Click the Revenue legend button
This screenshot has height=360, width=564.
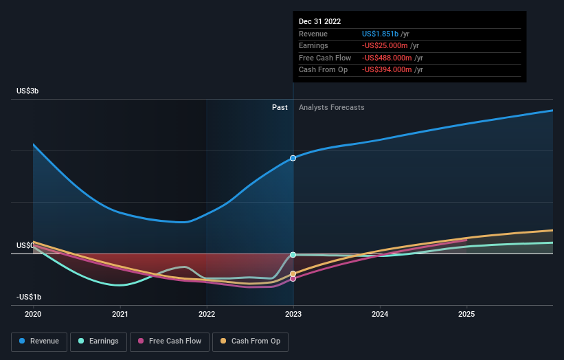[39, 341]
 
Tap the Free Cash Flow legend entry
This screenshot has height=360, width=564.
[169, 341]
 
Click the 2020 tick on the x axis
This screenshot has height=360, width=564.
[33, 314]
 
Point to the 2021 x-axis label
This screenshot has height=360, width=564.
[120, 314]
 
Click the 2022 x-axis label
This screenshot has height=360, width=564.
[207, 314]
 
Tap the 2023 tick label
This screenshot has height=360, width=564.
[293, 314]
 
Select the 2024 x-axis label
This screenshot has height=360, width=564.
[380, 314]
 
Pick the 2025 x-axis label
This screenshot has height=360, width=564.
[466, 314]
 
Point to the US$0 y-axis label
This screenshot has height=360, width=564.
[26, 245]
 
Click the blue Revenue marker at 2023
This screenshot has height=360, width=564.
[293, 158]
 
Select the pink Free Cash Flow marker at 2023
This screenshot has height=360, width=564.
[293, 278]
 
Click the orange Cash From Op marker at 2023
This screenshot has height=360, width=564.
[293, 273]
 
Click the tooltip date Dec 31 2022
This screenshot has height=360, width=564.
[319, 22]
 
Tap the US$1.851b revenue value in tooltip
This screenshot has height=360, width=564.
[381, 34]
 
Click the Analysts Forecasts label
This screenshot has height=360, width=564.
[331, 107]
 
